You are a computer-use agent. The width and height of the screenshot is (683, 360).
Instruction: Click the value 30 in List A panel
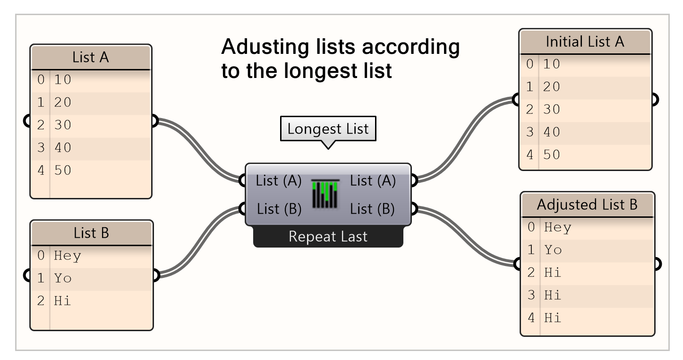click(63, 125)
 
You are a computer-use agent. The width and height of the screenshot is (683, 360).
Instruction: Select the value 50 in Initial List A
click(552, 154)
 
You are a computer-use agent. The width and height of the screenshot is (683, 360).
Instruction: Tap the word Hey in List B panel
click(68, 256)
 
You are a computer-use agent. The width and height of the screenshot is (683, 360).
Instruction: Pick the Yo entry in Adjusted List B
click(553, 249)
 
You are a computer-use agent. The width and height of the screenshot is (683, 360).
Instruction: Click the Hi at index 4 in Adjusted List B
click(553, 317)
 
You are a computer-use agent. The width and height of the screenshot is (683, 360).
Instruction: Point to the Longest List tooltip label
click(328, 129)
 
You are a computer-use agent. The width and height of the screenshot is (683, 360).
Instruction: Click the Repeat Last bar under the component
click(328, 237)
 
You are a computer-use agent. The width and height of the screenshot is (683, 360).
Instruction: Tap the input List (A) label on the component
click(279, 180)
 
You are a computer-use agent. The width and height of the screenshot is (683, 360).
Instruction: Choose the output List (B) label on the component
click(372, 208)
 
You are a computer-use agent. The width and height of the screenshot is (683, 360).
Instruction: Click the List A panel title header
click(91, 58)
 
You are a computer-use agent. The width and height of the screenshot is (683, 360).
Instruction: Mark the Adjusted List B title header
click(587, 205)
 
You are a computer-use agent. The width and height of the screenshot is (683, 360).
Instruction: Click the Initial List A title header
click(585, 42)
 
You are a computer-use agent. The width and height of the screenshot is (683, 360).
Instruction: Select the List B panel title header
click(92, 233)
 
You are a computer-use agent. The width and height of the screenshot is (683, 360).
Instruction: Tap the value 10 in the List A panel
click(63, 79)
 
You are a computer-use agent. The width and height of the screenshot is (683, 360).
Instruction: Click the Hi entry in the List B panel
click(62, 300)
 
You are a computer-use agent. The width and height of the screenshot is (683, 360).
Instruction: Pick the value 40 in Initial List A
click(552, 132)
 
